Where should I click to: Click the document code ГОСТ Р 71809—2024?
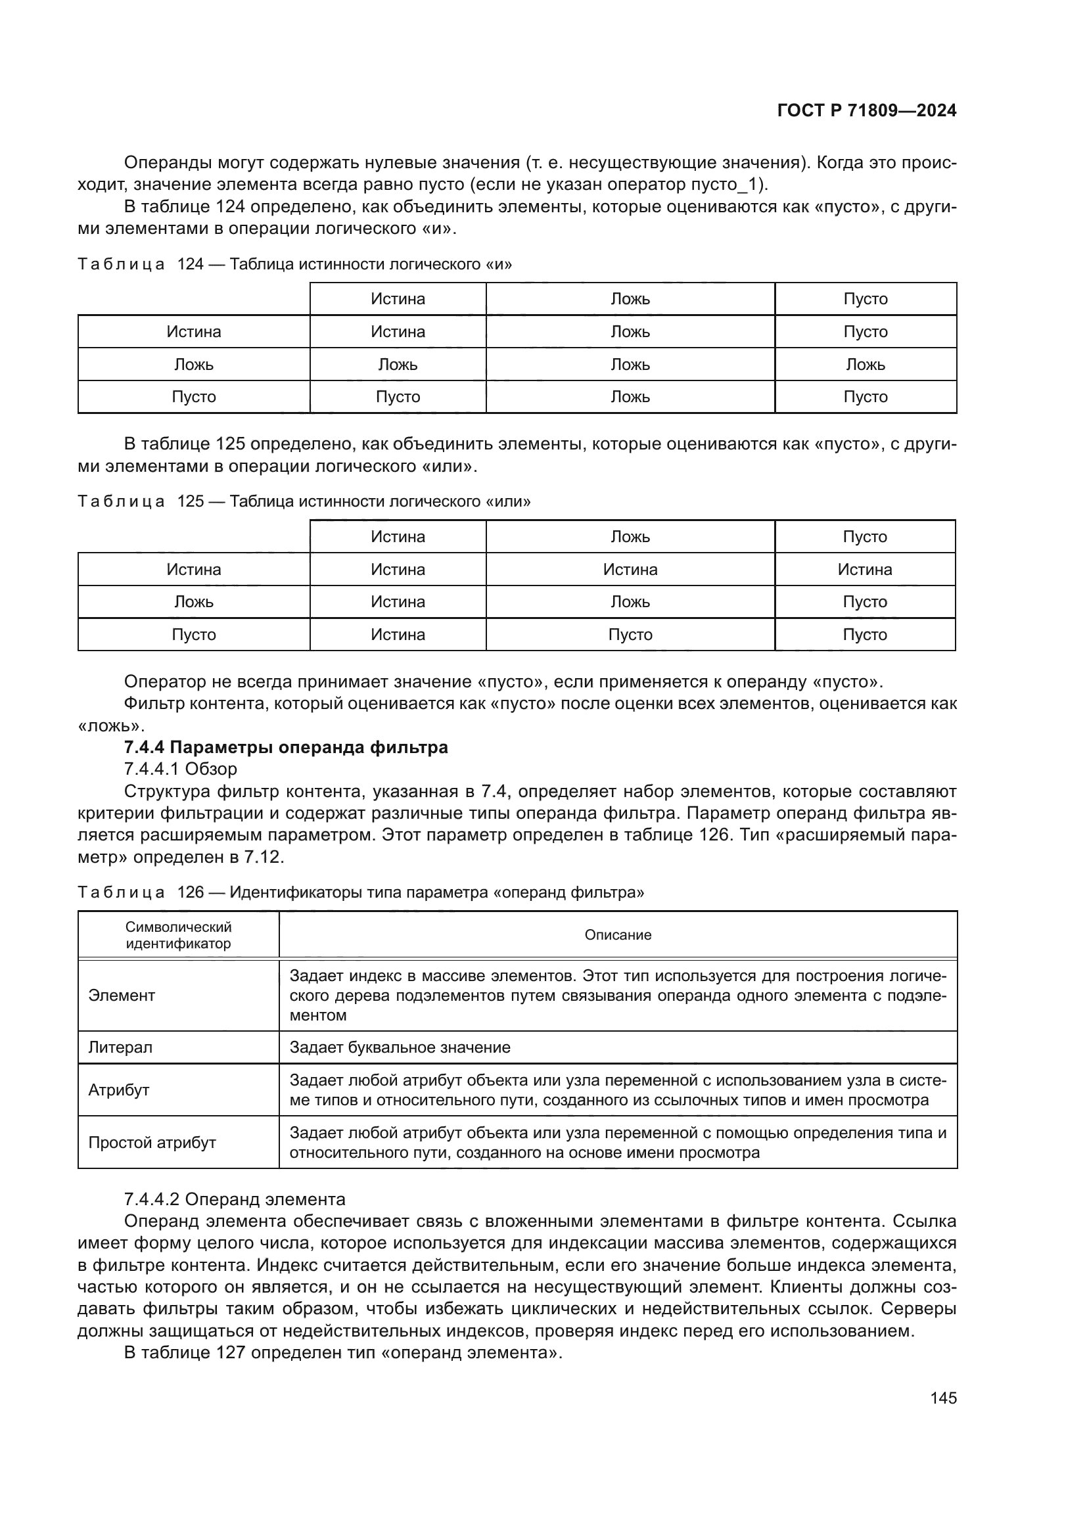866,111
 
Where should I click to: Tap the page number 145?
943,1398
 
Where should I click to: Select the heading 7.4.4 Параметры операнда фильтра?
286,747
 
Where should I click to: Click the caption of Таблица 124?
294,264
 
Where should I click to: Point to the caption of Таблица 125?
304,501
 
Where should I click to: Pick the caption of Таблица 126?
361,892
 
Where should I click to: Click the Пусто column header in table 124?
865,299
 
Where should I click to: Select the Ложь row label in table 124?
193,365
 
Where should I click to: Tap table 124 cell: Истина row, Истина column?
398,332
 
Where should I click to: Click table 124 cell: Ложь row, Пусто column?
865,365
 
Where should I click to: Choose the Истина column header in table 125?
398,537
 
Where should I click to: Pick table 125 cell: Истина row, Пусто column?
864,570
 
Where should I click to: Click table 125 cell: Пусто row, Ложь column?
630,635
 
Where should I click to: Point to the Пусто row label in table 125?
193,635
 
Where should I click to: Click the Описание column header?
617,935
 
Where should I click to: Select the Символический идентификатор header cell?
178,935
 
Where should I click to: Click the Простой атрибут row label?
152,1143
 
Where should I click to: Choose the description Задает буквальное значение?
400,1047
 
